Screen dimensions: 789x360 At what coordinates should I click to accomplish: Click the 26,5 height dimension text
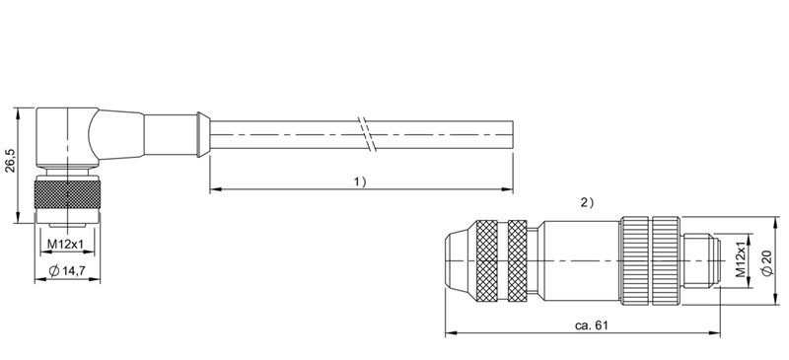click(11, 160)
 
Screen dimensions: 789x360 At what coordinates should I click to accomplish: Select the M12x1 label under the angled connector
click(65, 245)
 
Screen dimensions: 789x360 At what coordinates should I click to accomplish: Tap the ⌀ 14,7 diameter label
click(67, 271)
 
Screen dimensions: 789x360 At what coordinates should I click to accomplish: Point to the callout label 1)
click(360, 181)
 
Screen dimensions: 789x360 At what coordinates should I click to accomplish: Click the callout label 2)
click(587, 203)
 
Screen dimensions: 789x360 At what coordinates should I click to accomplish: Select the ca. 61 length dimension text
click(591, 325)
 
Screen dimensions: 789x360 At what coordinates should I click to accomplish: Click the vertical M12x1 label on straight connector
click(741, 259)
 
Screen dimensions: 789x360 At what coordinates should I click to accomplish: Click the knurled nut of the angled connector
click(67, 194)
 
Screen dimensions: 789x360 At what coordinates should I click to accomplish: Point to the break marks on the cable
click(366, 134)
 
